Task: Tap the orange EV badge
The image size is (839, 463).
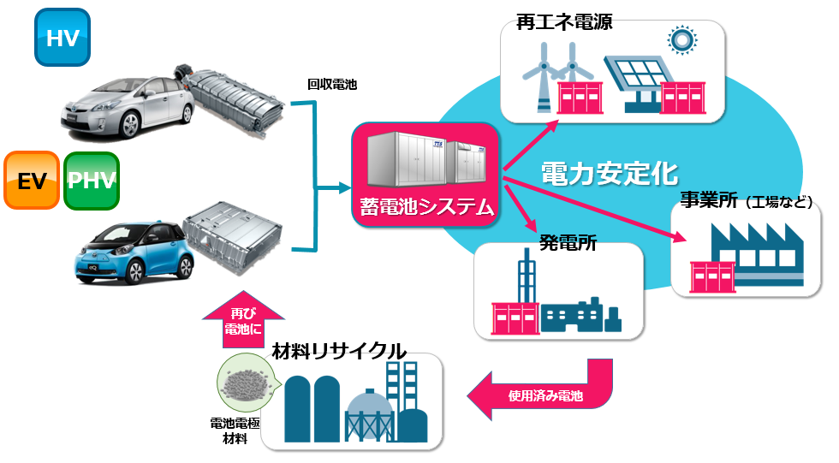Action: (x=31, y=181)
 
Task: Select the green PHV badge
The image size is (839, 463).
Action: (x=91, y=181)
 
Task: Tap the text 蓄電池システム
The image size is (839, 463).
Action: (x=425, y=206)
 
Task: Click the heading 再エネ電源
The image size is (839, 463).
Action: (x=564, y=22)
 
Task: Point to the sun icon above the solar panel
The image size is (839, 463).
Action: (x=681, y=40)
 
